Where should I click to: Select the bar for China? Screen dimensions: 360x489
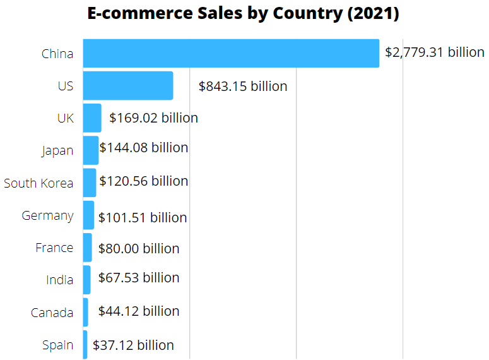tap(230, 53)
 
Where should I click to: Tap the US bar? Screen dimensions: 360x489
tap(127, 85)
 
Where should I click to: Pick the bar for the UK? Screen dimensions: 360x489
tap(91, 118)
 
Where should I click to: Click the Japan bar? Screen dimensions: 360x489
tap(90, 150)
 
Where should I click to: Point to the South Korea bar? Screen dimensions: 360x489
tap(89, 183)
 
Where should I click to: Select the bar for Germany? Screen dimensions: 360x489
tap(88, 215)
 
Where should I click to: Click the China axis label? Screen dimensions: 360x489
tap(57, 54)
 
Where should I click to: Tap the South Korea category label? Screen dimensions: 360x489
tap(38, 183)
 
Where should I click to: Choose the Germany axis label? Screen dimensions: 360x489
tap(47, 215)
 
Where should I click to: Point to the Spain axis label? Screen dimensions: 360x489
tap(57, 345)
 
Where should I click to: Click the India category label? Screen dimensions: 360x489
tap(59, 280)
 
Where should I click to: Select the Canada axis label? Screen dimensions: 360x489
tap(52, 312)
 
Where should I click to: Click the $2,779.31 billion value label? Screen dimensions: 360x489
tap(435, 52)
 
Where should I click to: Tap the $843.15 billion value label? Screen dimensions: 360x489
tap(243, 86)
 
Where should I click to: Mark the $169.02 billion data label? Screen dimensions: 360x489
tap(153, 117)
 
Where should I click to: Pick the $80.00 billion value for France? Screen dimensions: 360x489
tap(139, 248)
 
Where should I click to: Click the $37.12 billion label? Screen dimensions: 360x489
tap(133, 345)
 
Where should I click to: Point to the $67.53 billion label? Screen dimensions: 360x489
tap(139, 278)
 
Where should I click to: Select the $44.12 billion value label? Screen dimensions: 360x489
tap(139, 311)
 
